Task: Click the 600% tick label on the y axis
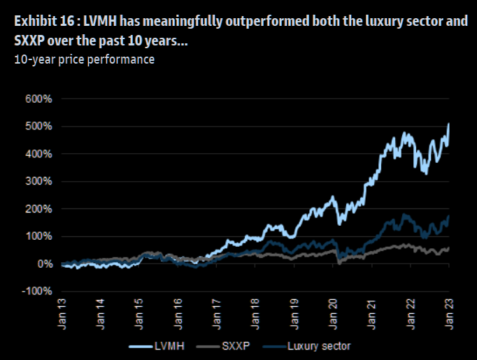(39, 99)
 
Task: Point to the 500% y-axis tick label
(39, 127)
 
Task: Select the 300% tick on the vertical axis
(39, 182)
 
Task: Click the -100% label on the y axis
(38, 291)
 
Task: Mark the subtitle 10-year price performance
(84, 59)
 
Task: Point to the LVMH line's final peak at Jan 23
(448, 124)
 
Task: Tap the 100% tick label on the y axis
(39, 237)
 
